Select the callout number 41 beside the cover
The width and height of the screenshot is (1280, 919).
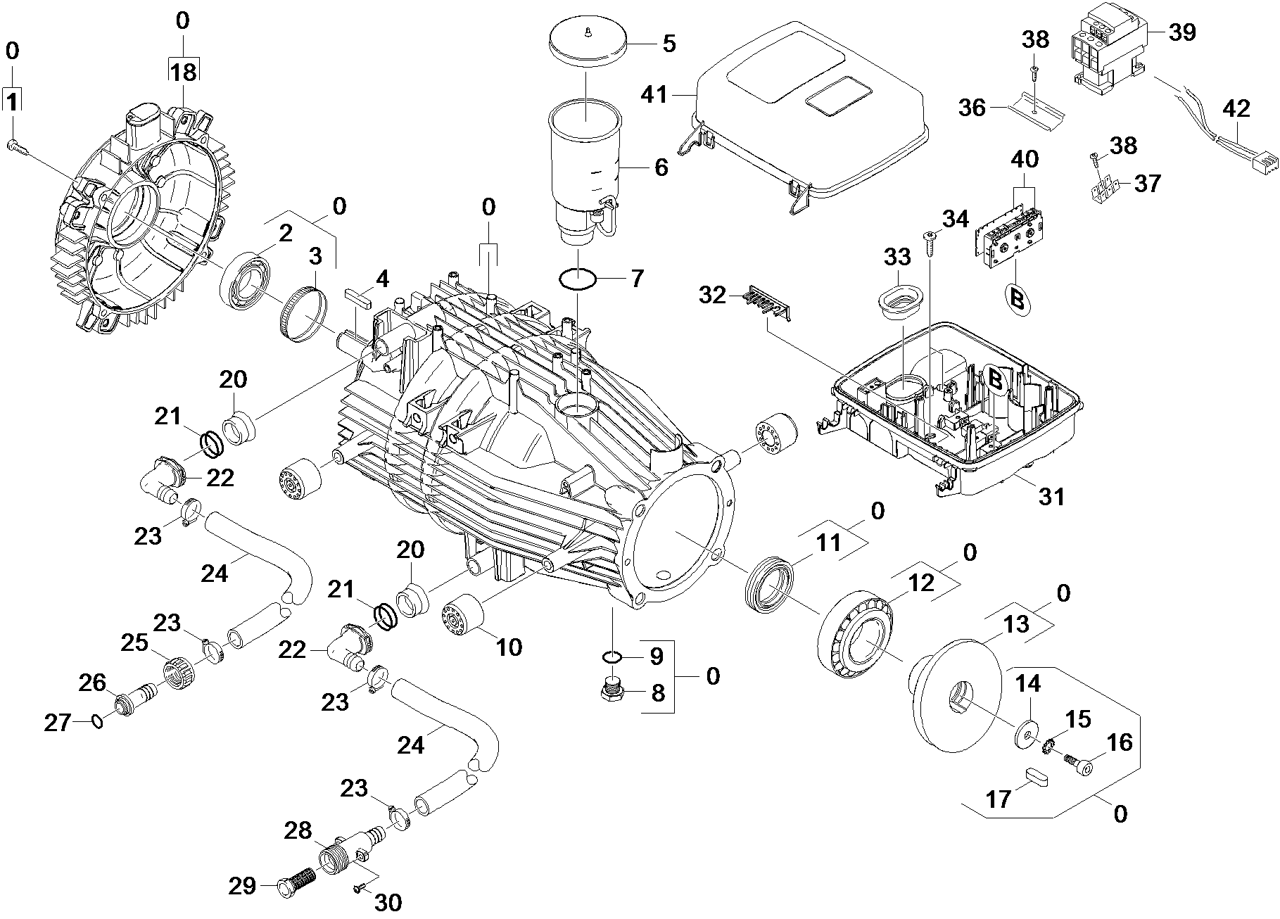pos(657,94)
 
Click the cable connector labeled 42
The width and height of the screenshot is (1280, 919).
pos(1236,170)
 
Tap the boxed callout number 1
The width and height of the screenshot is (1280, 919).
pos(12,101)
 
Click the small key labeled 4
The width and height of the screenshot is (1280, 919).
pos(357,296)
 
